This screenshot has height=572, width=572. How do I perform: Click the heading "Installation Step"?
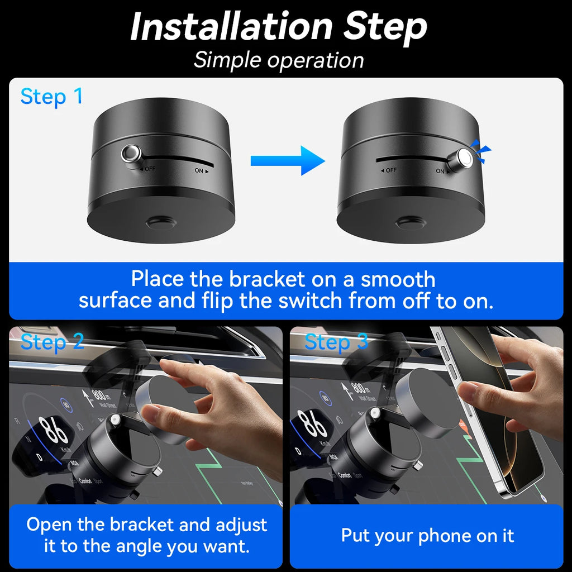pos(279,26)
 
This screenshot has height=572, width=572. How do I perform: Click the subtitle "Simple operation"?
pos(279,60)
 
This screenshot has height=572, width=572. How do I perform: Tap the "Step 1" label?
pos(51,97)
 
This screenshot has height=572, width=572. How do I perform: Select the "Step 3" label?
pos(336,341)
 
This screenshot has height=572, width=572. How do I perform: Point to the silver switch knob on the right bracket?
pos(464,158)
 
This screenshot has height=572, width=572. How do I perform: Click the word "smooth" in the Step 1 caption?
pos(397,279)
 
